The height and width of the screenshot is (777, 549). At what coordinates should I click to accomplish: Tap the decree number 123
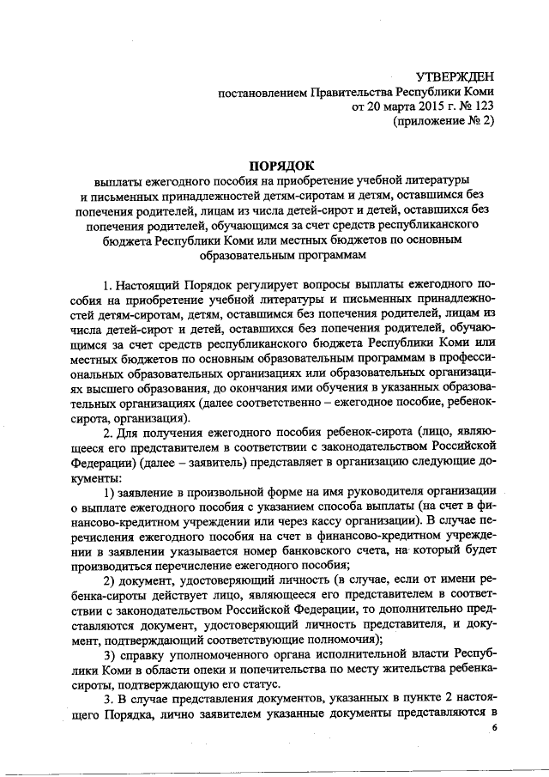485,106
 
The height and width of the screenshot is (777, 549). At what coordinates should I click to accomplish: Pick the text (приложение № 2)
443,121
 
